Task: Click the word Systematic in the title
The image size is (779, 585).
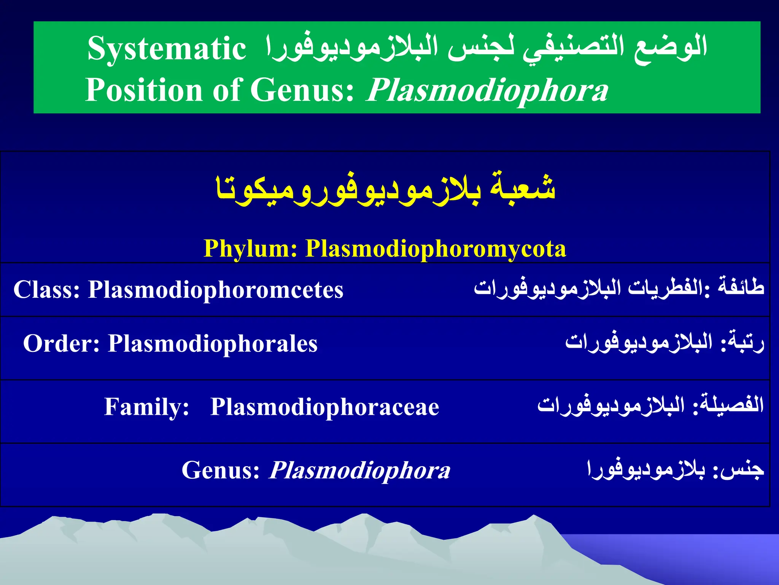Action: (167, 49)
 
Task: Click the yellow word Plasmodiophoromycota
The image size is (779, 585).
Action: (436, 249)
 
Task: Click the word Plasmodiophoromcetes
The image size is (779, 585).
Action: (216, 290)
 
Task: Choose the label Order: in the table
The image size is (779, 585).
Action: (61, 344)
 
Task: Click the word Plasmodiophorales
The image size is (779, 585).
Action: (213, 344)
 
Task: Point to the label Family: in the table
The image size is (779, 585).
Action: (146, 407)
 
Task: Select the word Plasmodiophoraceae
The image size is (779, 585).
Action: (325, 407)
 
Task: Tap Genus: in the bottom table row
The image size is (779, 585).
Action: (221, 470)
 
